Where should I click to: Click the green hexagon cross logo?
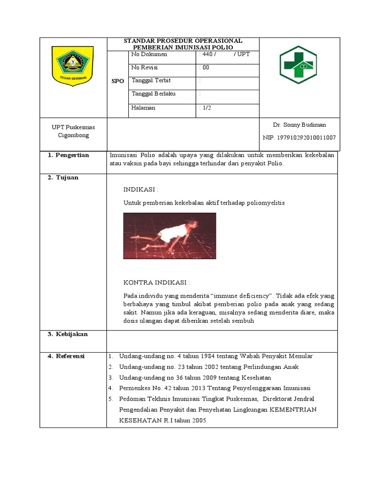pyautogui.click(x=298, y=65)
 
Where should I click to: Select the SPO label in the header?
pyautogui.click(x=117, y=81)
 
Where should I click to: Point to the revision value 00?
pyautogui.click(x=206, y=68)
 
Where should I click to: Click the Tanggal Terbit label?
pyautogui.click(x=151, y=81)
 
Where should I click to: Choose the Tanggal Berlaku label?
pyautogui.click(x=154, y=94)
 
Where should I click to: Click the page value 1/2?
pyautogui.click(x=207, y=108)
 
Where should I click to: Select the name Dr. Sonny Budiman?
pyautogui.click(x=299, y=125)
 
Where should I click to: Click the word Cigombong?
pyautogui.click(x=70, y=135)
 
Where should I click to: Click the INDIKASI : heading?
pyautogui.click(x=141, y=189)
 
